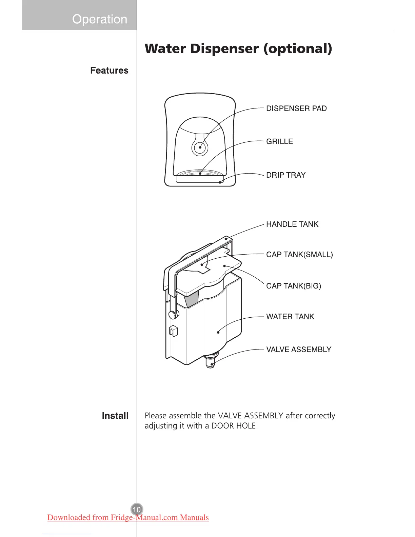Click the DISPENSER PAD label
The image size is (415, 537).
point(296,108)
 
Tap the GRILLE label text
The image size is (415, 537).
point(279,142)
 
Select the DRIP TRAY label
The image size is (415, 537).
point(286,175)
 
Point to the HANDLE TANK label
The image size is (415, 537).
point(292,224)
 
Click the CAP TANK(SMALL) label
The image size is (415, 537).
point(299,255)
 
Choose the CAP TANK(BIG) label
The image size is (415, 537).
point(294,286)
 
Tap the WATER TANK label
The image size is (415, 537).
point(290,317)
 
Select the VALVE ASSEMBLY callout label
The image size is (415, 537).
point(299,350)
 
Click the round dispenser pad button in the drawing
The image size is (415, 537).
point(200,147)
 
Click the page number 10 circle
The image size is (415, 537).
point(137,510)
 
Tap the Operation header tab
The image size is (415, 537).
point(99,19)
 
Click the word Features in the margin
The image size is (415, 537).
point(109,71)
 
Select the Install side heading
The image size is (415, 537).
point(115,416)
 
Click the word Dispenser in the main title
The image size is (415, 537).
point(224,48)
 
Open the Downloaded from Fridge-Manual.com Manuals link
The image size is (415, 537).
point(128,517)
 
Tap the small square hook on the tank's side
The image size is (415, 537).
point(173,331)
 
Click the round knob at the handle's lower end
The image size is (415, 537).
point(173,315)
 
